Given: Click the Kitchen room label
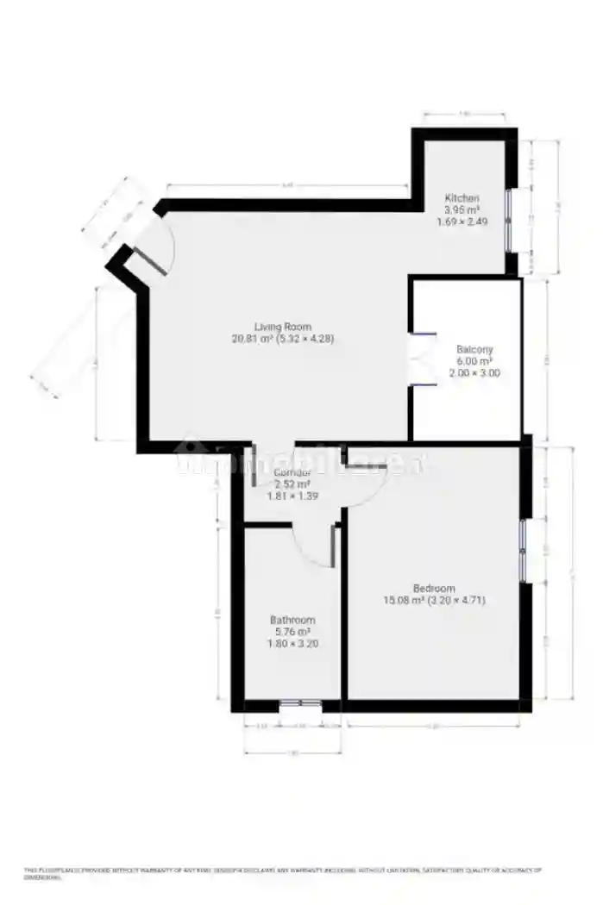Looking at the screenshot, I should [x=462, y=198].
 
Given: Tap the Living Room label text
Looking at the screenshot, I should [x=282, y=327].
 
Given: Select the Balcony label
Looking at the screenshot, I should [x=474, y=350].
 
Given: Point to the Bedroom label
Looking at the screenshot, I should [x=434, y=589].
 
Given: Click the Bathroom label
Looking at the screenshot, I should [x=292, y=620].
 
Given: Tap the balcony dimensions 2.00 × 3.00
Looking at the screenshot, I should [x=474, y=373].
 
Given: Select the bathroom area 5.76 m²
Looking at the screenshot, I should [x=292, y=631].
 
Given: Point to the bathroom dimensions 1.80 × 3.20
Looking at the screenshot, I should [x=292, y=643].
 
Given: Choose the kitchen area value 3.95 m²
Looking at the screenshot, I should [x=462, y=209].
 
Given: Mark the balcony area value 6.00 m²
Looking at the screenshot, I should [x=474, y=362].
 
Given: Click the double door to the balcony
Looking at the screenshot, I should [x=421, y=358].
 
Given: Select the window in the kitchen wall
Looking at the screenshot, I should [x=509, y=220].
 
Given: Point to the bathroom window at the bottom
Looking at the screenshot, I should [x=300, y=705].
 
